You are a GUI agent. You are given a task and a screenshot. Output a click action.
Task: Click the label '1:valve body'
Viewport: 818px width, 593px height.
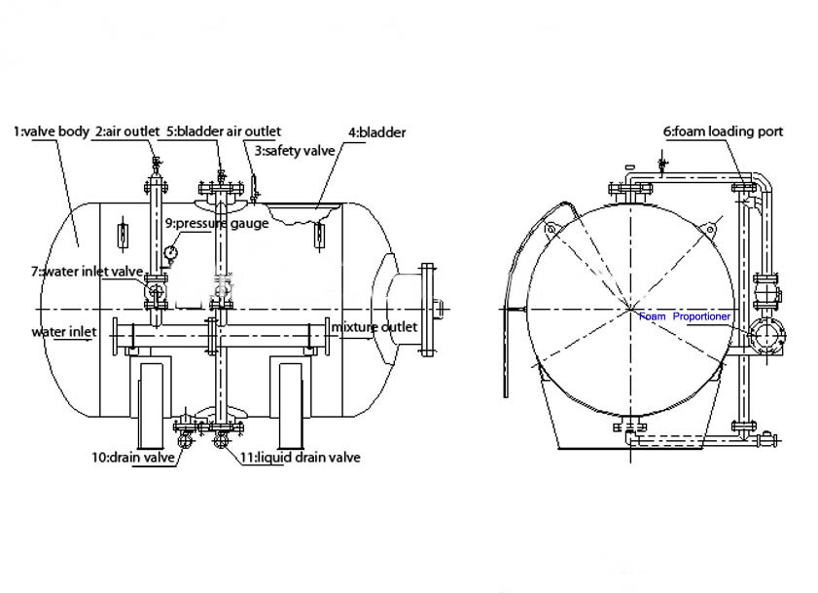[52, 130]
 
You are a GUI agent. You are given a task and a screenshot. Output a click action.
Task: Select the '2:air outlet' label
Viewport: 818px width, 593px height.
[127, 130]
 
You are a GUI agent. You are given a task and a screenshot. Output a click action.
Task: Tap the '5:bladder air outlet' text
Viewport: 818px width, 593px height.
[223, 130]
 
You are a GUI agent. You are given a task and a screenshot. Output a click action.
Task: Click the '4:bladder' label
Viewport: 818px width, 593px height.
[376, 131]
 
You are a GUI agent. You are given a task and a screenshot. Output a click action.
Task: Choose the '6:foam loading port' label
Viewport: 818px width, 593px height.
[723, 130]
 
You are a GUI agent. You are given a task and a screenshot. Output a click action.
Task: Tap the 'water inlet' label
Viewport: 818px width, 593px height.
[64, 332]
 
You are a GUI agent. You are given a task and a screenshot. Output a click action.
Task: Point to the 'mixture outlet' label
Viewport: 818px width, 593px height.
[374, 326]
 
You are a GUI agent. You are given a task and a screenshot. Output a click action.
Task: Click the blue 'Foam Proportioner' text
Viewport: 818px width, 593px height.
[685, 316]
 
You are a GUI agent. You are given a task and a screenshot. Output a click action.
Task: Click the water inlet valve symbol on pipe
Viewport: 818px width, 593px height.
[155, 290]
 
